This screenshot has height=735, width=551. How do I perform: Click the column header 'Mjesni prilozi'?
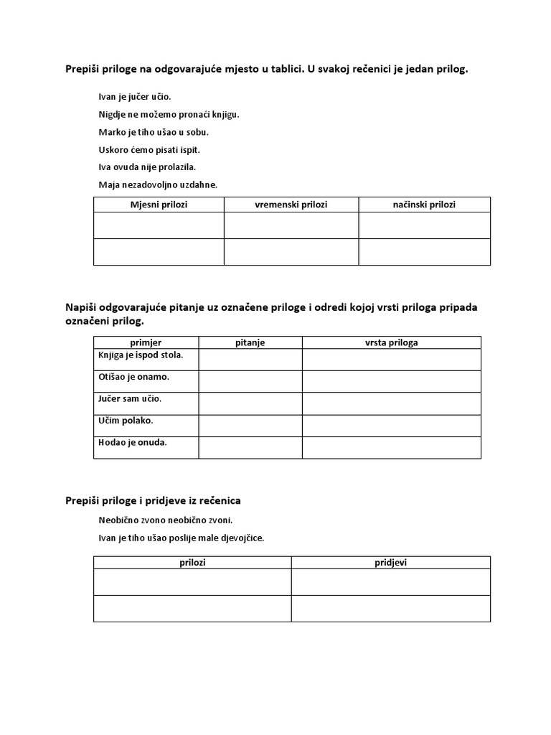[x=159, y=205]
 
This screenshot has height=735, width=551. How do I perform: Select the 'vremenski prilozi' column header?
[x=291, y=205]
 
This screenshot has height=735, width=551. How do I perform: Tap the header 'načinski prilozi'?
[x=424, y=205]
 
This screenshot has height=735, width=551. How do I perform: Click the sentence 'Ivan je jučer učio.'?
[x=135, y=96]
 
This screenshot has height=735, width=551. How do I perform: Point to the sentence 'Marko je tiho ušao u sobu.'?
[x=154, y=132]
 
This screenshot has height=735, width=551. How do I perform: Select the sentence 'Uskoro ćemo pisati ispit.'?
[x=149, y=150]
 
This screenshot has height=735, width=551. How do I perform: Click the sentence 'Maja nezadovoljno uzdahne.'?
[x=158, y=185]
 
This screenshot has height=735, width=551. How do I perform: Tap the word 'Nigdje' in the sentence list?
[x=113, y=114]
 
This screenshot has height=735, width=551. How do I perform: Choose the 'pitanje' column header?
[x=250, y=342]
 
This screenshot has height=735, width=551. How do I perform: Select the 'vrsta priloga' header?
[x=391, y=342]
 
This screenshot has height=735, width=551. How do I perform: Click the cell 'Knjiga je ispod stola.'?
[x=141, y=355]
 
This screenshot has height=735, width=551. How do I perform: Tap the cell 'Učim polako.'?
[x=126, y=421]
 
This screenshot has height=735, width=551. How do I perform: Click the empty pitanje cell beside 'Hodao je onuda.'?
[x=250, y=447]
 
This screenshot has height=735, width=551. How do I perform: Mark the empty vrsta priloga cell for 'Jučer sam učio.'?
[x=391, y=403]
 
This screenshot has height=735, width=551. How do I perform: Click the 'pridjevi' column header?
[x=390, y=563]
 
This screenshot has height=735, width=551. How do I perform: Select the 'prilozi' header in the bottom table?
[x=192, y=563]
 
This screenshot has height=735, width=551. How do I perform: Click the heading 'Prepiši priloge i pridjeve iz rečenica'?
[x=159, y=500]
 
